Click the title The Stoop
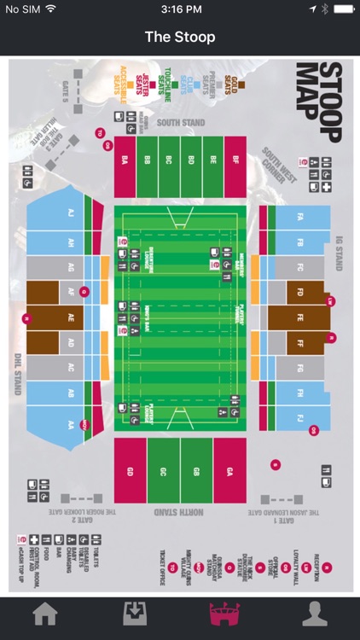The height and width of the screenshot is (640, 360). (180, 37)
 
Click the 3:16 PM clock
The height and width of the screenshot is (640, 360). (180, 9)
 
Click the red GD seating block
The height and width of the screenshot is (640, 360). (131, 470)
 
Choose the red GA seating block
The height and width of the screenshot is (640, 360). (229, 470)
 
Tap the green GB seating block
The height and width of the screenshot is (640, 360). (195, 470)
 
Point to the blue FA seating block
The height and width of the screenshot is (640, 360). (299, 217)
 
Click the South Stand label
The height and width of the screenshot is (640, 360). (180, 124)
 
